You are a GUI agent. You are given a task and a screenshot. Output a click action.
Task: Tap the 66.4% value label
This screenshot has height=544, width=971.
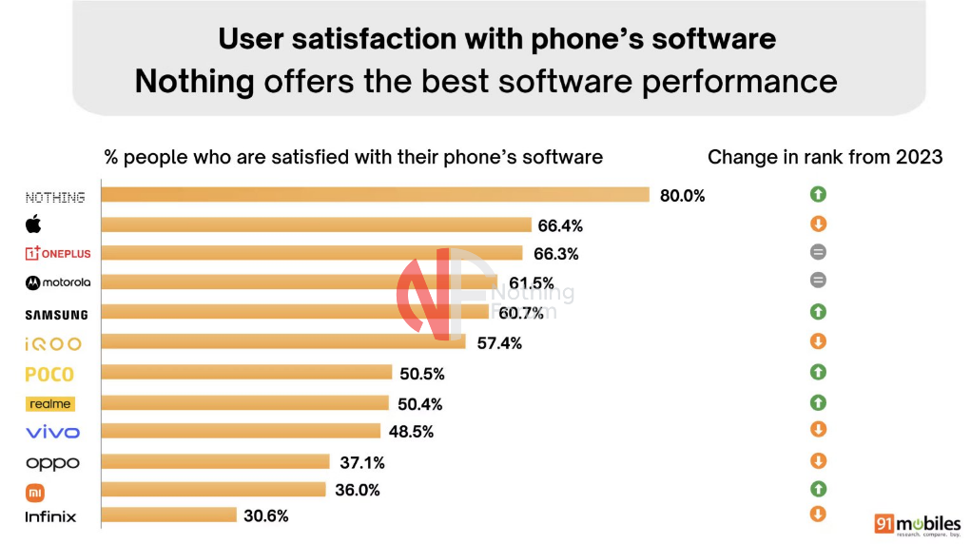[x=561, y=225]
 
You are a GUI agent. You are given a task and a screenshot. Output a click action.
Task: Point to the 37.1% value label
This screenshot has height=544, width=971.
[x=362, y=461]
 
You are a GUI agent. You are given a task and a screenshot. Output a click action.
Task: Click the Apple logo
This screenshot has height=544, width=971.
[x=33, y=224]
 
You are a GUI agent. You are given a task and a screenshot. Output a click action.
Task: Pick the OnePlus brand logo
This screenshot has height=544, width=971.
[x=56, y=253]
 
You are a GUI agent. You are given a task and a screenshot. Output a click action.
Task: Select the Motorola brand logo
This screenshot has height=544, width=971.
[x=58, y=282]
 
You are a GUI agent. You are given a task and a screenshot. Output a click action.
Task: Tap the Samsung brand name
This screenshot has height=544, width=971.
[x=57, y=315]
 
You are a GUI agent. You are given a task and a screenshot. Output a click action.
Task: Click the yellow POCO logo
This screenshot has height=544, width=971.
[x=49, y=375]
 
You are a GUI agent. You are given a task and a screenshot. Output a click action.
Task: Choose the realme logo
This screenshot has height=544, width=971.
[x=49, y=404]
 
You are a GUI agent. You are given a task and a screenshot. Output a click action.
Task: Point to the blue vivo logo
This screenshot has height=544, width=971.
[x=52, y=433]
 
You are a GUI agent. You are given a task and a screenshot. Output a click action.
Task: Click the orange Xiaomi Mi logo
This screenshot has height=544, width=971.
[x=33, y=493]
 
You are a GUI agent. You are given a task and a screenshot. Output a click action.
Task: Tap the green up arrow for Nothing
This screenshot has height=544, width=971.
[x=818, y=194]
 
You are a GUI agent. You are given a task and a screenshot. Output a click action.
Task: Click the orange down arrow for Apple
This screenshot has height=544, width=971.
[x=818, y=224]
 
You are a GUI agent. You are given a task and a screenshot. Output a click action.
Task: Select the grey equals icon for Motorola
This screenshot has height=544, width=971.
[x=818, y=281]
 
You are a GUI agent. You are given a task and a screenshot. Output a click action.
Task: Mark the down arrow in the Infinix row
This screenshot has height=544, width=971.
[x=818, y=515]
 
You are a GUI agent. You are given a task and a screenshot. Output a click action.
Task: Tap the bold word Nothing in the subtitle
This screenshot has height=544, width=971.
[x=194, y=81]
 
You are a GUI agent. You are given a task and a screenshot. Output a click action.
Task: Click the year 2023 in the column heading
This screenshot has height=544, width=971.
[x=919, y=157]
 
